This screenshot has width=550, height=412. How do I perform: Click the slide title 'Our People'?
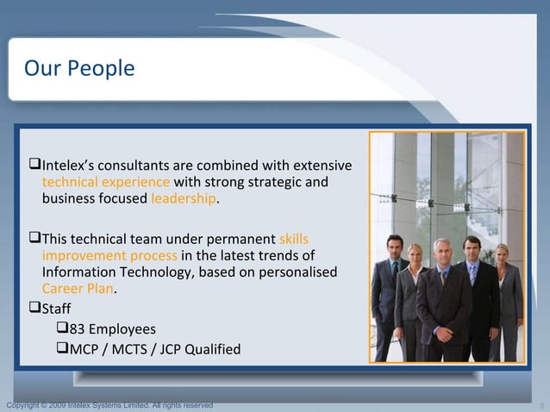pyautogui.click(x=79, y=68)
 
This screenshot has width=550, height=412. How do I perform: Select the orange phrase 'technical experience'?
pyautogui.click(x=106, y=182)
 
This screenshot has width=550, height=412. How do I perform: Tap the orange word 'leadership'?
pyautogui.click(x=184, y=199)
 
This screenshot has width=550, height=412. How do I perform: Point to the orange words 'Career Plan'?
pyautogui.click(x=78, y=289)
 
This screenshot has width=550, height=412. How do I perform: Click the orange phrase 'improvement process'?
pyautogui.click(x=109, y=256)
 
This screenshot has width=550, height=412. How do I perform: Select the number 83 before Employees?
pyautogui.click(x=77, y=328)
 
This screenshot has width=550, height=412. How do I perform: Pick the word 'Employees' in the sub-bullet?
pyautogui.click(x=122, y=328)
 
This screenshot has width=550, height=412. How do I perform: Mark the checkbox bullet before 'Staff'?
pyautogui.click(x=35, y=308)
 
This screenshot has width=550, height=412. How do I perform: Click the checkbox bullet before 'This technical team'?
pyautogui.click(x=35, y=239)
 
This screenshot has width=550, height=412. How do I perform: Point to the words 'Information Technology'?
pyautogui.click(x=112, y=272)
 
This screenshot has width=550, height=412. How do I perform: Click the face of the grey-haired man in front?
pyautogui.click(x=441, y=253)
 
